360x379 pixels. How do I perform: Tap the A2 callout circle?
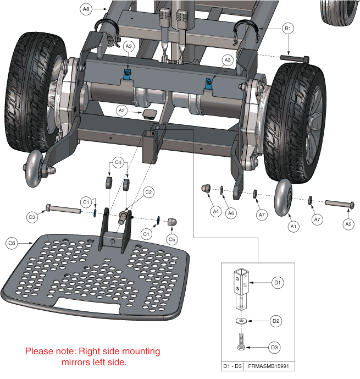click(123, 111)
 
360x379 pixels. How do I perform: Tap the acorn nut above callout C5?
click(172, 221)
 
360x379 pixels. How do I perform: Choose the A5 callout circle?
click(347, 224)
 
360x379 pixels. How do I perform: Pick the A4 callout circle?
click(217, 211)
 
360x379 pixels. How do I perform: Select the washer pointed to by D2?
click(240, 320)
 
